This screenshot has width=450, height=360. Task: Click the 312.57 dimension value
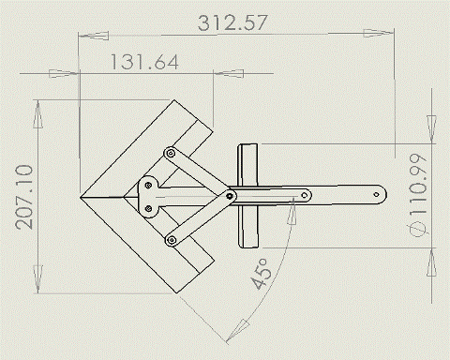[232, 22]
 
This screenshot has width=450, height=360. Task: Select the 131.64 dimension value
[145, 62]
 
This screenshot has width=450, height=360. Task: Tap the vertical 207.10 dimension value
[24, 197]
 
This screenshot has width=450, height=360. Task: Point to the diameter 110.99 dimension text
[418, 195]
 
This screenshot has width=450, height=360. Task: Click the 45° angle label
[261, 274]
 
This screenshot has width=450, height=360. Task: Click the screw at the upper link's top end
[170, 154]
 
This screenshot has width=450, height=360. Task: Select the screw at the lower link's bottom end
[172, 240]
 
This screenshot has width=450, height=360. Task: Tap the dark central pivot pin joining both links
[231, 196]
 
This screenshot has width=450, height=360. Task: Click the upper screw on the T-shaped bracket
[149, 186]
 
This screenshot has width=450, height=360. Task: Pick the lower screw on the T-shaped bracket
[149, 208]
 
